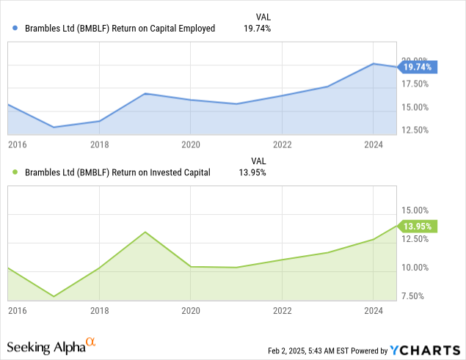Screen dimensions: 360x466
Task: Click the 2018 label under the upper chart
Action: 99,145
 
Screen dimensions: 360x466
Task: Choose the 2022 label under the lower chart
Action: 282,311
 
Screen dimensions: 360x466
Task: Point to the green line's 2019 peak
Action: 145,232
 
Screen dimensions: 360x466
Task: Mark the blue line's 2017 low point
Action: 54,128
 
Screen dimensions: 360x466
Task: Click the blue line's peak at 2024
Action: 374,64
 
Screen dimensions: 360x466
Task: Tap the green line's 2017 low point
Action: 54,297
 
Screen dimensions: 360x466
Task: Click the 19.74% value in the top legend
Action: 257,29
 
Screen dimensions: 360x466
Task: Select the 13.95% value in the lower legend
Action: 252,173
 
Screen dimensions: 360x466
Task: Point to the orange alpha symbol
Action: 91,342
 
